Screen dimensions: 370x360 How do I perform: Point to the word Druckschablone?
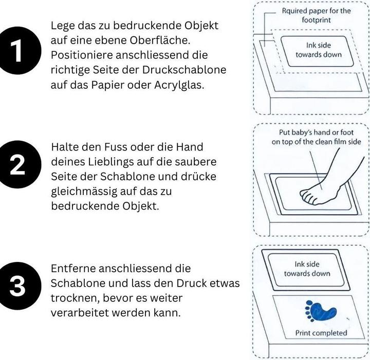[184, 70]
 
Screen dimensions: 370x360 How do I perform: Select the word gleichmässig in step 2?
[84, 192]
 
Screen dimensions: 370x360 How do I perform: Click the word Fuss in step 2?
[116, 147]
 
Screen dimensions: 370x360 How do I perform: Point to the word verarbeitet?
[80, 313]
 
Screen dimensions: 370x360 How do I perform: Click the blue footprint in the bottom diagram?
[321, 311]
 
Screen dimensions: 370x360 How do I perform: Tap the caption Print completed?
[321, 333]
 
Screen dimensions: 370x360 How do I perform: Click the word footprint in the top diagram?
[316, 20]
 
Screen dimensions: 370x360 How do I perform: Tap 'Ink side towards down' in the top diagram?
[319, 50]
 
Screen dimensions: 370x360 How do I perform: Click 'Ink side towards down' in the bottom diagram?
[307, 269]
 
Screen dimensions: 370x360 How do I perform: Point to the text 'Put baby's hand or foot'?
[316, 132]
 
